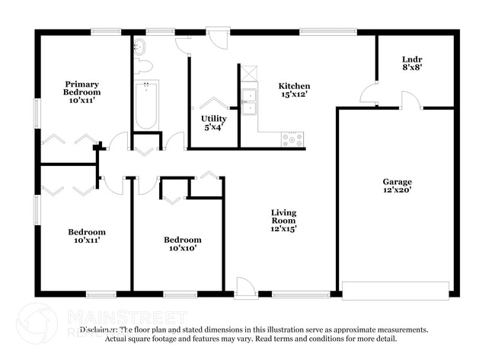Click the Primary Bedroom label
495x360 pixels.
pos(82,92)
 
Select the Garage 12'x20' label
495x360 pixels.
pos(397,186)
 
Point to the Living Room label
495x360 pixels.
pos(284,220)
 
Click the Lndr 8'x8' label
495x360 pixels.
pos(412,63)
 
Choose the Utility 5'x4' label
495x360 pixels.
pos(213,123)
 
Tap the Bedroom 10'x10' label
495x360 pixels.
pos(183,244)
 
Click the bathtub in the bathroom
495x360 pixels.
pos(145,107)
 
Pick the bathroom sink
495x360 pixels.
pos(138,47)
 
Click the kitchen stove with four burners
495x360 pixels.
pos(293,139)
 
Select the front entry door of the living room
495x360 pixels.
pos(245,288)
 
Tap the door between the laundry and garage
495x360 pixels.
pos(409,100)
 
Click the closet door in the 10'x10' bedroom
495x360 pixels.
pos(172,197)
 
